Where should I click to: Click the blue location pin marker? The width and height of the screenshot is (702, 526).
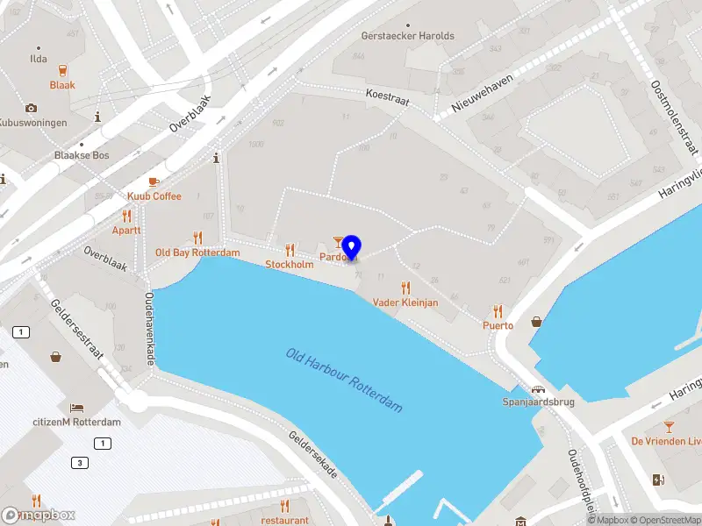(351, 247)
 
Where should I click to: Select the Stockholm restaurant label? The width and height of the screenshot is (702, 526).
(289, 264)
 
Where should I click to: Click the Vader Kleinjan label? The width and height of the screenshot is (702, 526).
(405, 302)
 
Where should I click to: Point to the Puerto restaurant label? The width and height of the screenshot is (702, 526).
(498, 325)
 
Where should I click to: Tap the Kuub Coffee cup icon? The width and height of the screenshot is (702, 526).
(154, 181)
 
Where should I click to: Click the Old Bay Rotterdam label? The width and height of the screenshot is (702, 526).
(197, 252)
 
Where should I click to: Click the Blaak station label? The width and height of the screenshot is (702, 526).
(62, 85)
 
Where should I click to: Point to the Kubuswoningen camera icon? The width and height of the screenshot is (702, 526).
(32, 108)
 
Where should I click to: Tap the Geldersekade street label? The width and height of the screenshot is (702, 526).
(313, 454)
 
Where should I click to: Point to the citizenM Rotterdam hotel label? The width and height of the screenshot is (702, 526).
(77, 422)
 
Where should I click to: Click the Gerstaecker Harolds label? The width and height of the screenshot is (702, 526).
(408, 36)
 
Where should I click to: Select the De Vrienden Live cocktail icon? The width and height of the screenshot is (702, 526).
(670, 426)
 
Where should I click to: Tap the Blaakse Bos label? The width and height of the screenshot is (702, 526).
(81, 155)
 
